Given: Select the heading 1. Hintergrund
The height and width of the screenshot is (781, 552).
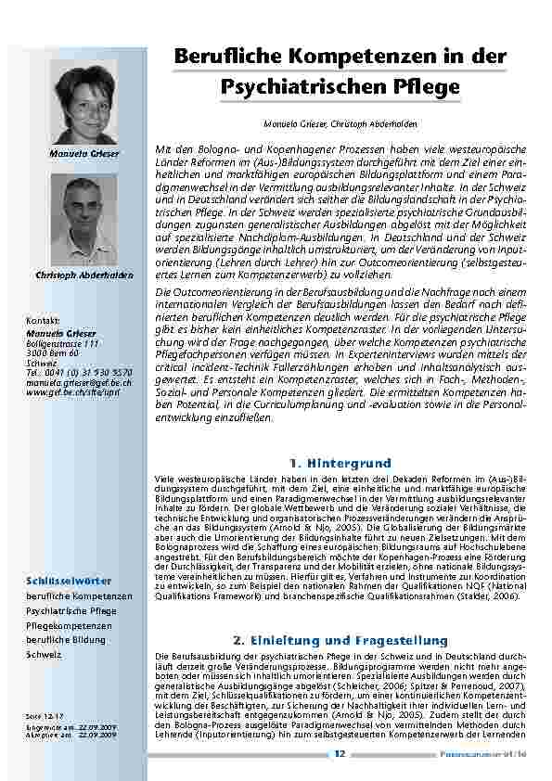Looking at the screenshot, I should coord(340,461).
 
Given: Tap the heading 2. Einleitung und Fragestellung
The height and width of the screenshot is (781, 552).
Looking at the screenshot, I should coord(340,640).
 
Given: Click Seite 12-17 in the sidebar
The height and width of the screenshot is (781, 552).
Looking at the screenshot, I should coord(44,716).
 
